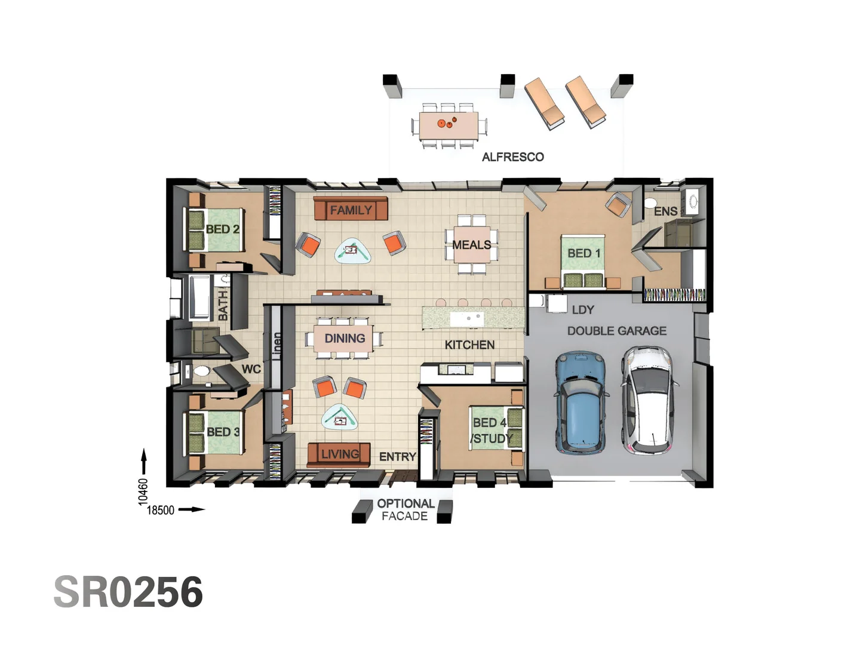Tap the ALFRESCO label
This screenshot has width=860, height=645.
click(x=512, y=157)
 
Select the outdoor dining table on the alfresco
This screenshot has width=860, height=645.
click(x=448, y=126)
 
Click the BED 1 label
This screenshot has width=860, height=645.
click(x=583, y=253)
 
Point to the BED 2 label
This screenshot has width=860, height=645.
click(x=222, y=229)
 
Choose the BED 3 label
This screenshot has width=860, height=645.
click(x=223, y=432)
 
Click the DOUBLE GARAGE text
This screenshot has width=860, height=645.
click(x=616, y=331)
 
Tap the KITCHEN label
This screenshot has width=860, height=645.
click(x=469, y=345)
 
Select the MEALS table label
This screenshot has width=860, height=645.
click(x=471, y=245)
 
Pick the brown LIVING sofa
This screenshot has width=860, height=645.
click(x=339, y=454)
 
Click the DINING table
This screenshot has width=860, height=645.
click(x=344, y=339)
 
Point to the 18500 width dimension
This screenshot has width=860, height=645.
click(x=161, y=510)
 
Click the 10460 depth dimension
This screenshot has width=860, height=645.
click(x=143, y=491)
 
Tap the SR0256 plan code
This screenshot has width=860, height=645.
click(x=128, y=592)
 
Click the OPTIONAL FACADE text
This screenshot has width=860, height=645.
click(x=405, y=510)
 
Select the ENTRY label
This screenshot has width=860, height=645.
click(x=397, y=457)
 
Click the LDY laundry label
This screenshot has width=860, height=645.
click(x=582, y=310)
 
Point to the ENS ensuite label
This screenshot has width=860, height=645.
click(x=665, y=211)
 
